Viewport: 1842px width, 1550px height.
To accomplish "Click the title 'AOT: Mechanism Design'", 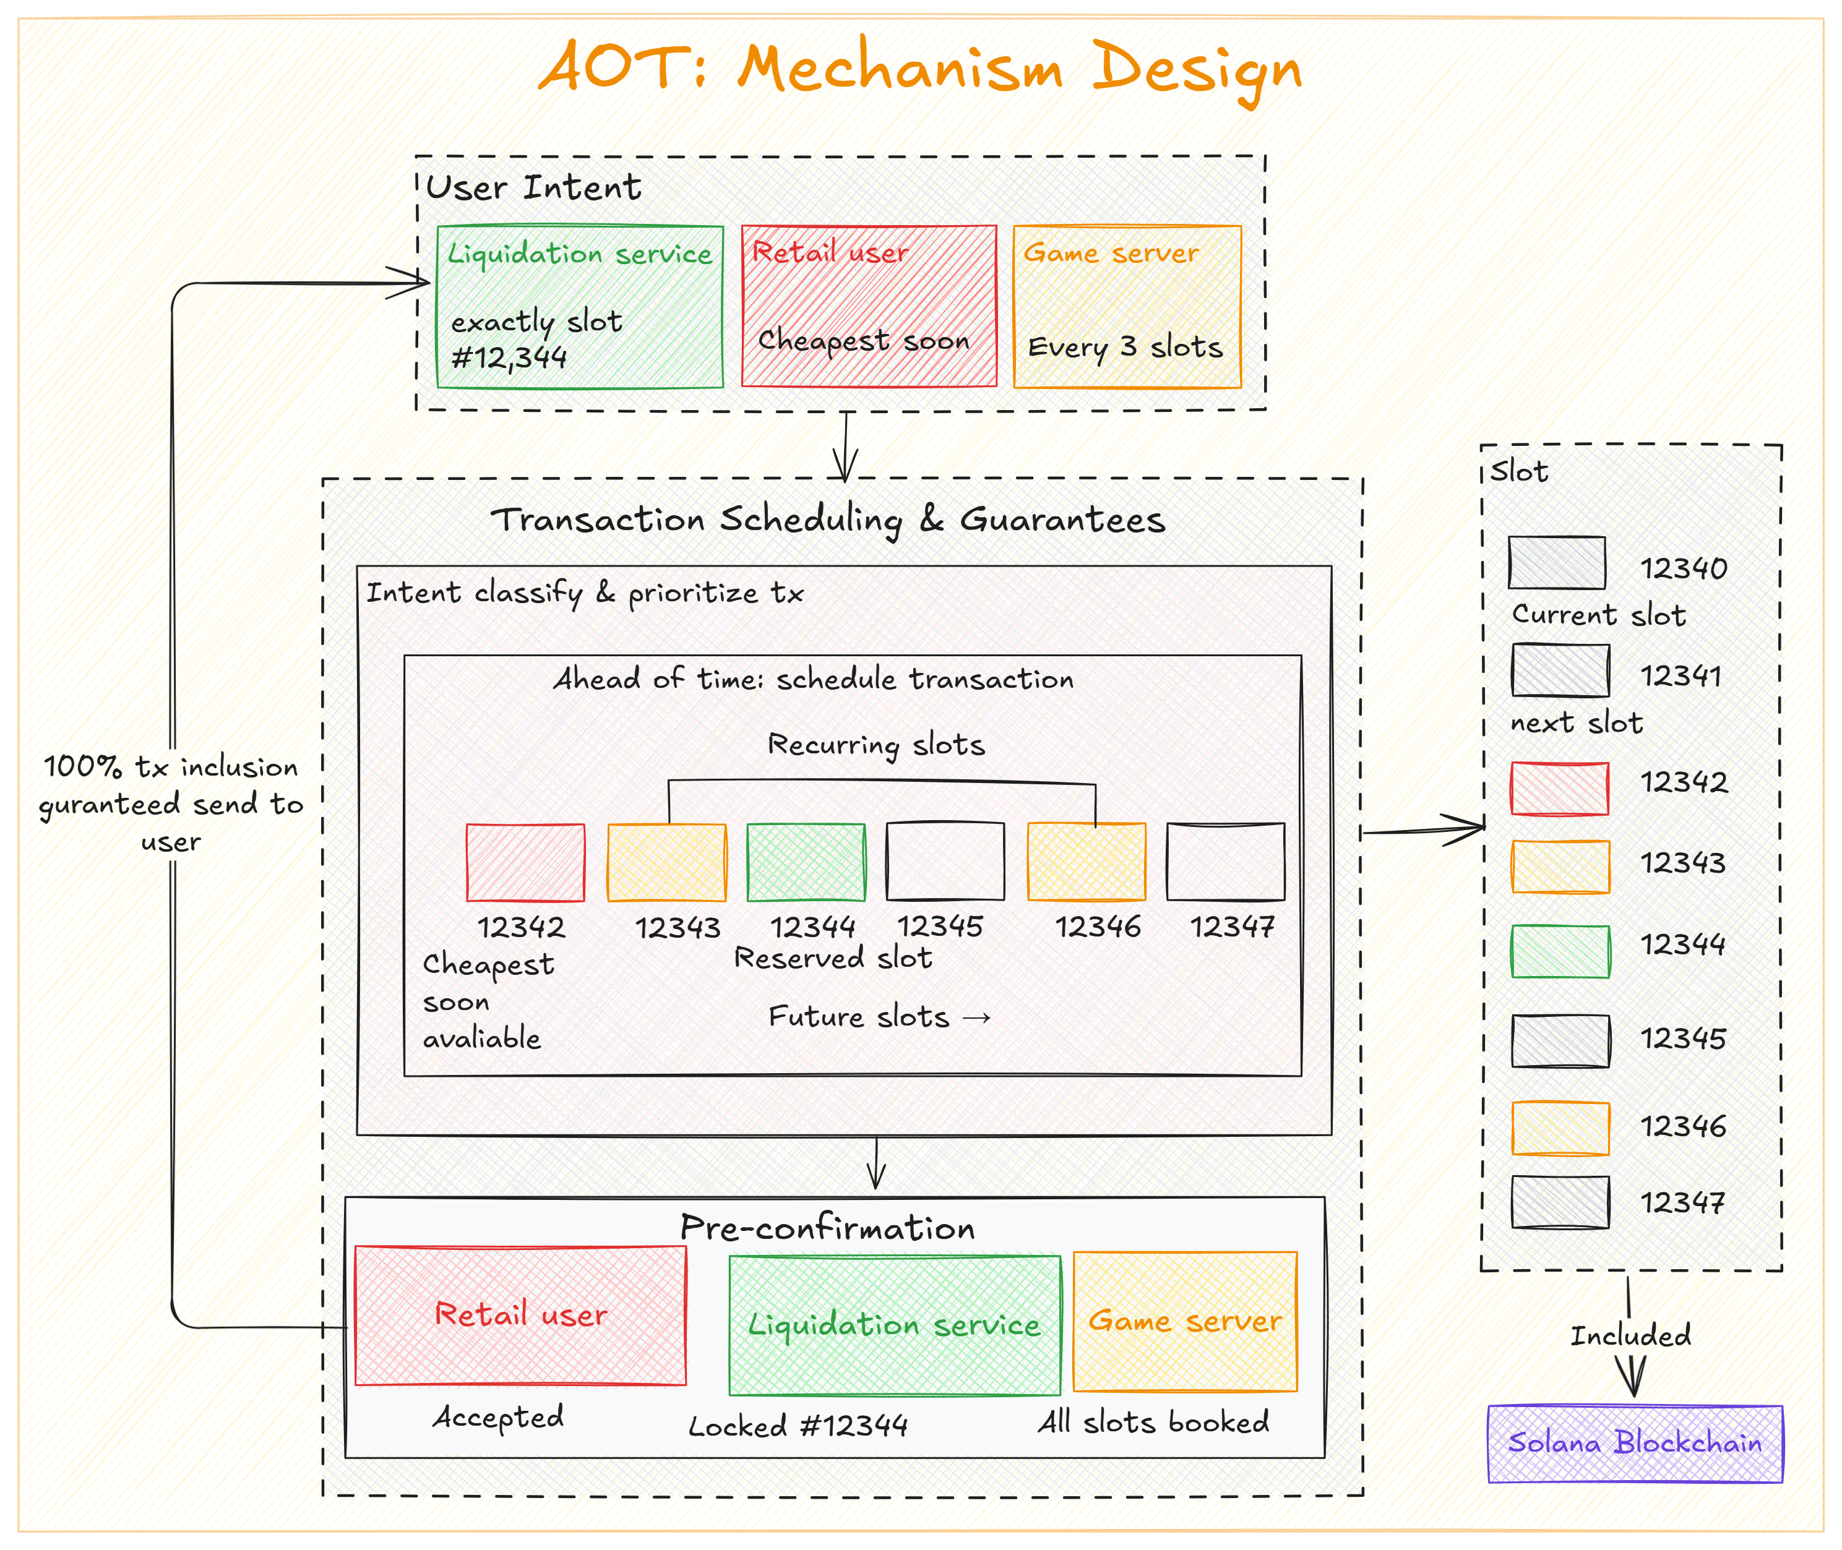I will point(919,69).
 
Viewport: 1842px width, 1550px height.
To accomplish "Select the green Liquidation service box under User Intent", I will point(579,307).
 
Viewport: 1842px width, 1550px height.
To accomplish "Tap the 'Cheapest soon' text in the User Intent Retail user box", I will point(863,341).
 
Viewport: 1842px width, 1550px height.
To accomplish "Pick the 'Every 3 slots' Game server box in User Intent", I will point(1127,307).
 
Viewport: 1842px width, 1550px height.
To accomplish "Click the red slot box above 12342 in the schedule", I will point(525,862).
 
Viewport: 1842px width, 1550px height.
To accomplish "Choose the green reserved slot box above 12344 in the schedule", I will point(805,862).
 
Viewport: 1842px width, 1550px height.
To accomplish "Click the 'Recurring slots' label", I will point(876,745).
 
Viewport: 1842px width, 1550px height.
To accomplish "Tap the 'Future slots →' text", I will point(879,1017).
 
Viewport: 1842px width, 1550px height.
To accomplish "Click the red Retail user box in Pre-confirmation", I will point(520,1316).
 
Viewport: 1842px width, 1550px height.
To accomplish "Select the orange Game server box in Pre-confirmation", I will point(1185,1322).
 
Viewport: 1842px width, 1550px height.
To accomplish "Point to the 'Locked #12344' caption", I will point(798,1425).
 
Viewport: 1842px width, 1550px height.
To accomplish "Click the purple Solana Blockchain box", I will point(1635,1444).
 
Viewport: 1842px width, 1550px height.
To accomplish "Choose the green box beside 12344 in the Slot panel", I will point(1560,951).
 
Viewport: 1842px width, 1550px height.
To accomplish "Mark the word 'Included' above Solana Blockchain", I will point(1630,1335).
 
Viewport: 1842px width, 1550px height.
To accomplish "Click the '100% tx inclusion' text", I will point(171,767).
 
